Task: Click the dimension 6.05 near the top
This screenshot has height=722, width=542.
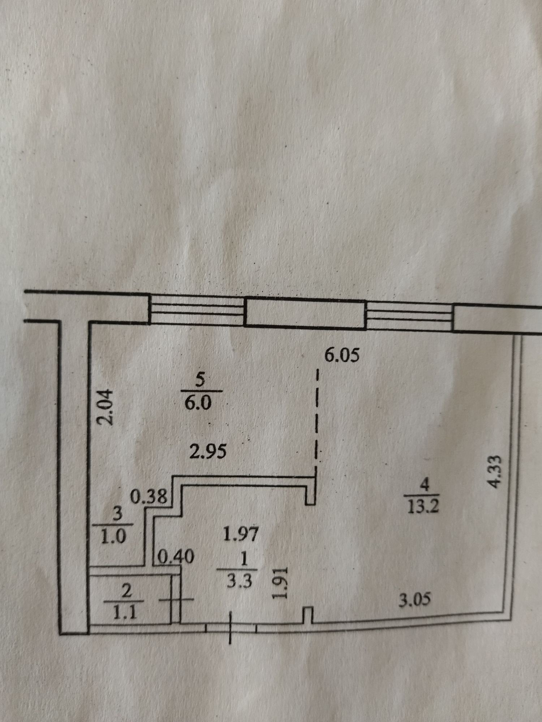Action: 341,356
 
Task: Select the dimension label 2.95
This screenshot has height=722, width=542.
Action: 209,451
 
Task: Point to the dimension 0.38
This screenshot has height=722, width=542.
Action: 149,497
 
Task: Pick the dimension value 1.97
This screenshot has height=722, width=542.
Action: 241,534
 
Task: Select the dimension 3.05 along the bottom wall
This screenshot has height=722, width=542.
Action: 414,600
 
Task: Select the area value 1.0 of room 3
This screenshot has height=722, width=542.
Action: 113,537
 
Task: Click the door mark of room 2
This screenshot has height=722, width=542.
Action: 176,600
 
